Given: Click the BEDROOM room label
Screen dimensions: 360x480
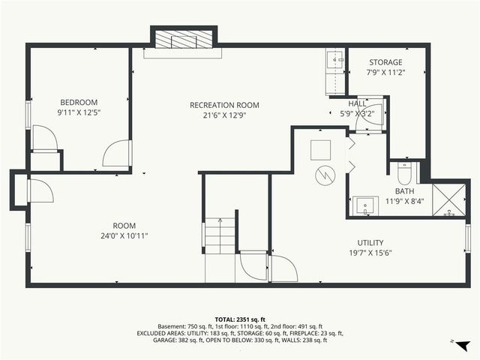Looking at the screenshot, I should click(x=79, y=102).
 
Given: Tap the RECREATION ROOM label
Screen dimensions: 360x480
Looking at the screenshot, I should click(x=224, y=105).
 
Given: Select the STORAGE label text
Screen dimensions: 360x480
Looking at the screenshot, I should click(x=385, y=62).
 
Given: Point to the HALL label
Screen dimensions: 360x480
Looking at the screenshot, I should click(x=358, y=103).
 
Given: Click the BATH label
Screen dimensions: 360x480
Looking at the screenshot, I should click(x=405, y=191).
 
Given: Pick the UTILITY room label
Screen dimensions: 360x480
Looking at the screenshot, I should click(x=370, y=242).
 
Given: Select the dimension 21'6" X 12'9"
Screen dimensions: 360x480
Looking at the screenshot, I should click(x=224, y=115).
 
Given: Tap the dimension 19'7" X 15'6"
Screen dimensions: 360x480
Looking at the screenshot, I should click(x=370, y=253).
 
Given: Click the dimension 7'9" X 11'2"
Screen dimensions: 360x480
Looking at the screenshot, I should click(x=385, y=73).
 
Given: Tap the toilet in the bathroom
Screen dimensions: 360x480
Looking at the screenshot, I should click(x=403, y=174).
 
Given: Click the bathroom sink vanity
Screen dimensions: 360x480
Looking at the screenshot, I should click(x=367, y=205).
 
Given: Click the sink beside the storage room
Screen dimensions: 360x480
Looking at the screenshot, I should click(x=334, y=58).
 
